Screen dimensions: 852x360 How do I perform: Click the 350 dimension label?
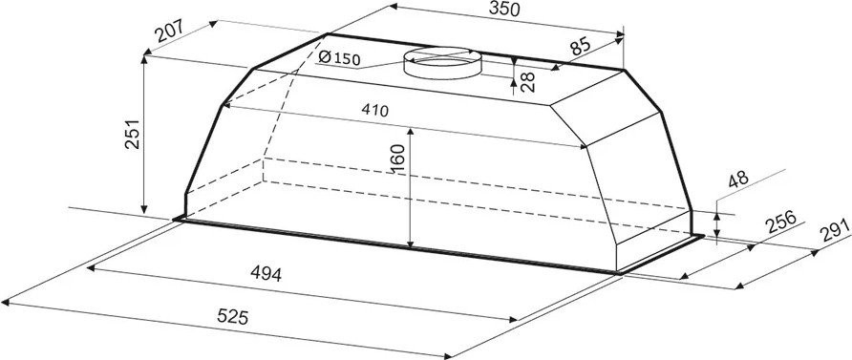click(504, 9)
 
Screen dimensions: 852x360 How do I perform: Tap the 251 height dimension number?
click(133, 134)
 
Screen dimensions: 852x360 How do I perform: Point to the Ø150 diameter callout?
click(339, 57)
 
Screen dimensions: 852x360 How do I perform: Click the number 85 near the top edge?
click(582, 46)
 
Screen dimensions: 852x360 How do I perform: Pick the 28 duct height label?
click(527, 81)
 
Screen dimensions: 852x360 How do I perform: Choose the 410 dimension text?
click(375, 111)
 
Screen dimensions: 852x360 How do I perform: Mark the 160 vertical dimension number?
click(399, 159)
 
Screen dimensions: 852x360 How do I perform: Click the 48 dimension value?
click(739, 180)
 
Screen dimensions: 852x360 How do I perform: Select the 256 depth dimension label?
click(780, 222)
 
